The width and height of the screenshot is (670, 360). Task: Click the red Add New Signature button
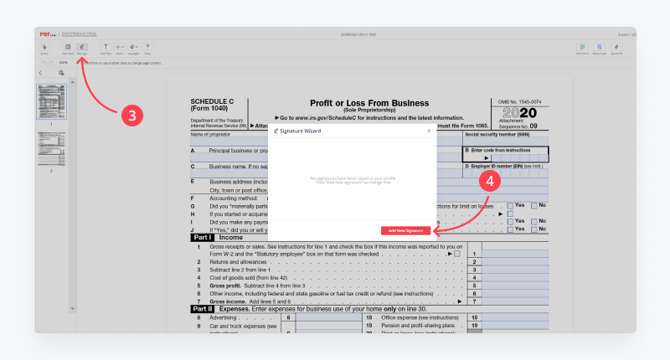pos(405,230)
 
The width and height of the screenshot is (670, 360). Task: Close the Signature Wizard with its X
pos(429,131)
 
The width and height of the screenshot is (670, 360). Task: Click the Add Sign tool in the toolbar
pos(82,49)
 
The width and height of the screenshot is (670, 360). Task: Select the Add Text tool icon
pos(105,49)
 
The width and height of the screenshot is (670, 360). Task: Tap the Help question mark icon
pos(147,49)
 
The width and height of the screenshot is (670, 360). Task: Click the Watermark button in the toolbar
pos(600,49)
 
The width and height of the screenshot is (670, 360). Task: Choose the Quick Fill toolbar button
pos(616,49)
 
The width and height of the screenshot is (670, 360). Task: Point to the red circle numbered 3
pos(135,116)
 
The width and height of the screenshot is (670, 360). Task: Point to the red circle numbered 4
pos(494,179)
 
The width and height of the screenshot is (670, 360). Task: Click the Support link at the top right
pos(623,34)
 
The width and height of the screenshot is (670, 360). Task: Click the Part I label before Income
pos(203,238)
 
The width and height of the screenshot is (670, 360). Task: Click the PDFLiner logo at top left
pos(48,34)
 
